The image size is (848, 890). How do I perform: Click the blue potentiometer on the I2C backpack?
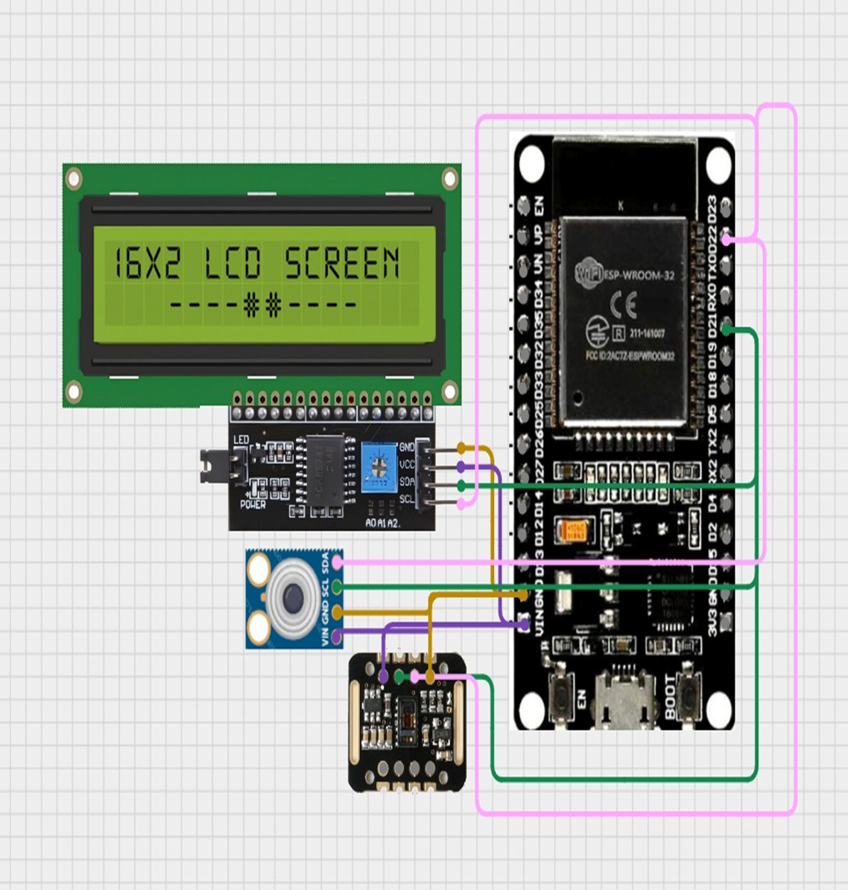click(380, 467)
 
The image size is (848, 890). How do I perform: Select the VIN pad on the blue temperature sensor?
click(337, 635)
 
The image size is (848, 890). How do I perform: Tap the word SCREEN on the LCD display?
click(342, 263)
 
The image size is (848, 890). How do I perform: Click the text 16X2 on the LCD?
click(146, 263)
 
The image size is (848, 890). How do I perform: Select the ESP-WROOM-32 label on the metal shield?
click(639, 275)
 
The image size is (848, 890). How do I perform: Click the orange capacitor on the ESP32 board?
click(575, 530)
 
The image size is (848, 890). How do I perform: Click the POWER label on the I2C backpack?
click(253, 504)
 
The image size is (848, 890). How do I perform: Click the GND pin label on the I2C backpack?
click(407, 448)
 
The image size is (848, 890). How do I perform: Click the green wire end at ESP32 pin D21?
click(727, 330)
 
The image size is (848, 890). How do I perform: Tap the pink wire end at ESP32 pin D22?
click(727, 240)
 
